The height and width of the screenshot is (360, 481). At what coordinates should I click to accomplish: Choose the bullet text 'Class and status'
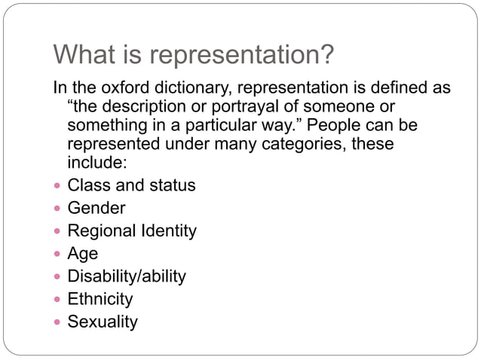[x=131, y=185]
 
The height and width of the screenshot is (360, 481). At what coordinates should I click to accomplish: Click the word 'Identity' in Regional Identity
[x=167, y=230]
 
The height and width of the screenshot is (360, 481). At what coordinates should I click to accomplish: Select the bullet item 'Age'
[x=83, y=254]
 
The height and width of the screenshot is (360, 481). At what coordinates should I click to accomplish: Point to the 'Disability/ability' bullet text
[x=127, y=276]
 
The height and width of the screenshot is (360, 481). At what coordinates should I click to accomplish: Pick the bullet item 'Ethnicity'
[x=100, y=299]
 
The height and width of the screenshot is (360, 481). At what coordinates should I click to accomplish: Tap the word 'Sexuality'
[x=103, y=322]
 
